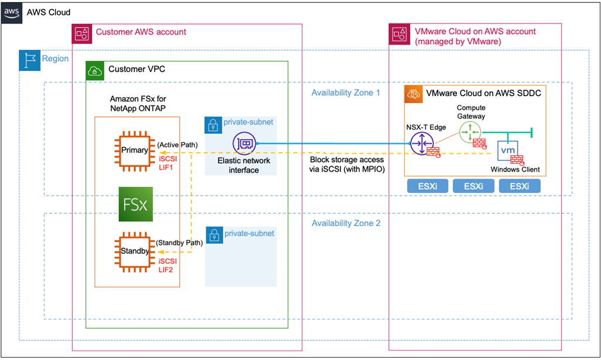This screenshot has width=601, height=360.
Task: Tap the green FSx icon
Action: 135,204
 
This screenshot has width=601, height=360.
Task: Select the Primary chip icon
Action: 134,150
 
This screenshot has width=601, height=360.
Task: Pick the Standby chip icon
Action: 134,252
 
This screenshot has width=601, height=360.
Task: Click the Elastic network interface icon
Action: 243,143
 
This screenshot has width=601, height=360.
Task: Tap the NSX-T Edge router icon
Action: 421,143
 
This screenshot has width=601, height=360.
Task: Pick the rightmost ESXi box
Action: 519,186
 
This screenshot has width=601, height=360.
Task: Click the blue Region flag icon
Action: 29,59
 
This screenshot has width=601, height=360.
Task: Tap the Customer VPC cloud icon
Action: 95,70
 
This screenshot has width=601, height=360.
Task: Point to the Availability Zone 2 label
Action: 346,223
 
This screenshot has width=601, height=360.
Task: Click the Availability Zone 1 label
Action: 346,93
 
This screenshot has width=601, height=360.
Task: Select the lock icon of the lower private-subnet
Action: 214,234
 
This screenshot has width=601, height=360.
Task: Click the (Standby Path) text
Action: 179,243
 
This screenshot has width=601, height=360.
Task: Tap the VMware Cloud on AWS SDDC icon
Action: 414,93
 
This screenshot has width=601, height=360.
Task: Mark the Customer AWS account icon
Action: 82,33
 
